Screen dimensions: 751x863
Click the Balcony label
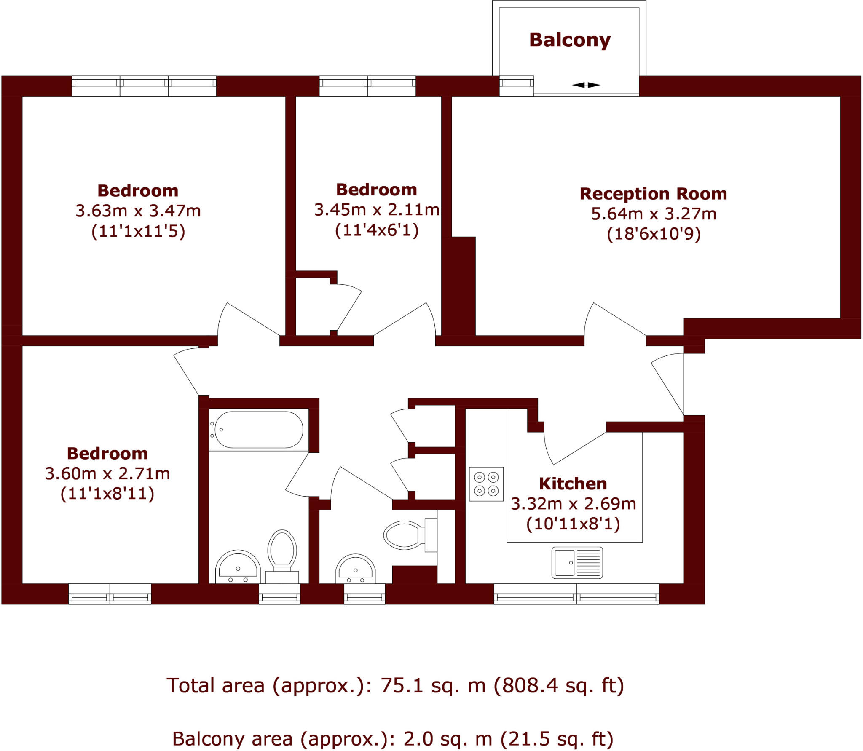click(x=570, y=40)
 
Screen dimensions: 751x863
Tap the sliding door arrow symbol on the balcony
click(x=586, y=85)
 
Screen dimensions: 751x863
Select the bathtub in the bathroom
click(x=259, y=430)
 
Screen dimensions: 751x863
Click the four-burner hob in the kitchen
click(x=486, y=484)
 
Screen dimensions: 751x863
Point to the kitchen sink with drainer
click(x=577, y=563)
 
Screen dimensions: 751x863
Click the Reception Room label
click(x=653, y=194)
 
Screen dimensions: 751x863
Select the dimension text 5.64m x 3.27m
click(x=653, y=214)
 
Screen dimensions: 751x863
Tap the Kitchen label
click(x=573, y=484)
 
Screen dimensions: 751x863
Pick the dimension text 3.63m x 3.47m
click(x=138, y=211)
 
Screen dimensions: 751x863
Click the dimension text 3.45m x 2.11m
click(x=377, y=210)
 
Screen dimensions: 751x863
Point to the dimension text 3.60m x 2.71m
click(x=107, y=474)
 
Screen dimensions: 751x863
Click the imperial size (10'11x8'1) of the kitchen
click(x=573, y=524)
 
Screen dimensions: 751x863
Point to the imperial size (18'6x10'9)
click(x=653, y=234)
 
